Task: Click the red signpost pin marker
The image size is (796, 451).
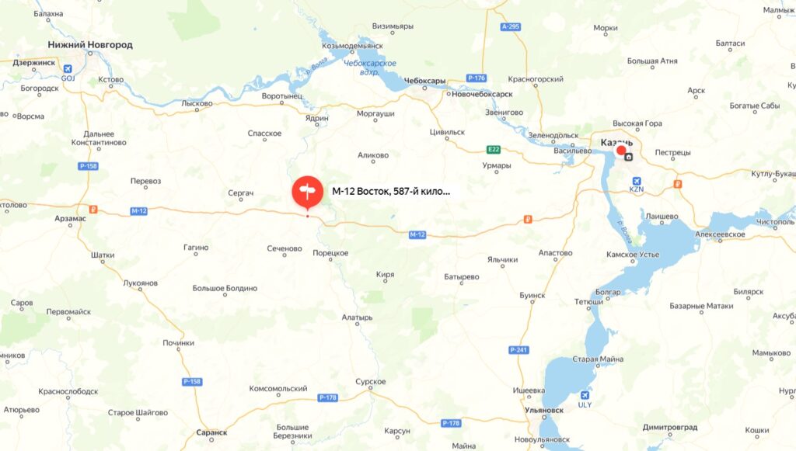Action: (306, 191)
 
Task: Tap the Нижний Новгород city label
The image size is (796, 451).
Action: (90, 45)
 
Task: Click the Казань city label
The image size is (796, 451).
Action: (617, 143)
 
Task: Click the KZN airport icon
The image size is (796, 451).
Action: (637, 178)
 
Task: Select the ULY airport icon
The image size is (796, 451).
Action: (585, 394)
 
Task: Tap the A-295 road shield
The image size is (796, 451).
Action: (510, 27)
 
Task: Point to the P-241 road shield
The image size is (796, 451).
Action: (519, 350)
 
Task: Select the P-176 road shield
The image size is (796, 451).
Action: (477, 78)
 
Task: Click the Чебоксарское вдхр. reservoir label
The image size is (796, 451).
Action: (370, 67)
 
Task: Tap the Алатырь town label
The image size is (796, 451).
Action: (358, 317)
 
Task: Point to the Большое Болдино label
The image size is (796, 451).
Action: (225, 288)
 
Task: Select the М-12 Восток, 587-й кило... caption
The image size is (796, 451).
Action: (391, 191)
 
